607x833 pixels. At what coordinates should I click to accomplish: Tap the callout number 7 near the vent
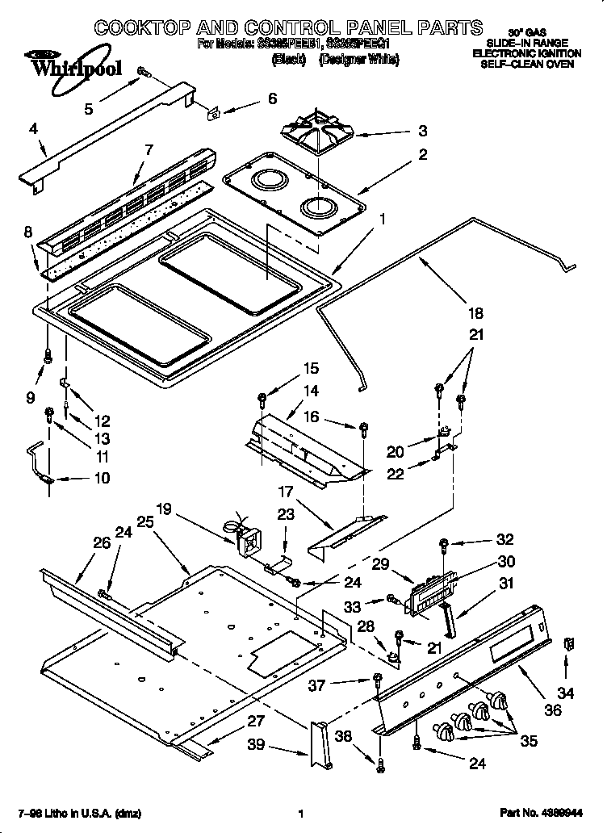[x=148, y=149]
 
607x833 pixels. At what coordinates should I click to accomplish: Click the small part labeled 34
[x=569, y=644]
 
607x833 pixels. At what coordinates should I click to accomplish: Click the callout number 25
[x=144, y=522]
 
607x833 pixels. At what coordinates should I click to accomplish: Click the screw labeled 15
[x=263, y=398]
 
